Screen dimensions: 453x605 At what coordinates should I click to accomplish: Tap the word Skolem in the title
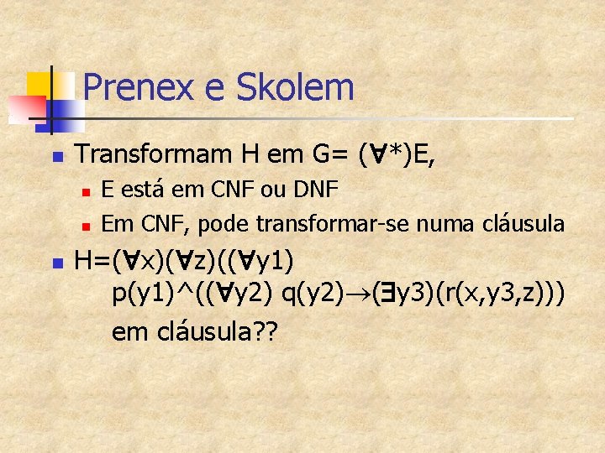[296, 87]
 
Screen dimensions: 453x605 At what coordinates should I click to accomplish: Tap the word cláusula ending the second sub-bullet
[523, 224]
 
